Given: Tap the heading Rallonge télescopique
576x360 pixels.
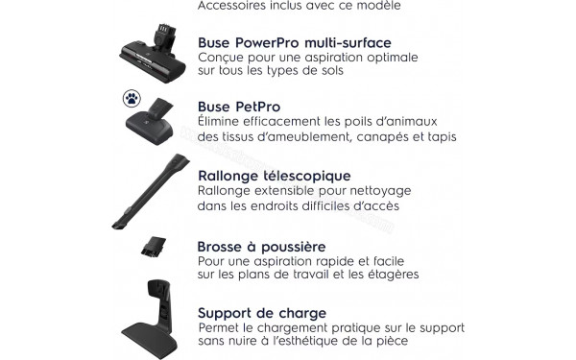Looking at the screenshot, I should point(274,177).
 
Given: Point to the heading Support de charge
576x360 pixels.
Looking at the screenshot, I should point(261,313).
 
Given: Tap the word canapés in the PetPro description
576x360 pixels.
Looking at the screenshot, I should point(391,137).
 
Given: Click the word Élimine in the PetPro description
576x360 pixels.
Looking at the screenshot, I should point(221,122).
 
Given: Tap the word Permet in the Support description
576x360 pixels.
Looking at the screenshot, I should point(220,328).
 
